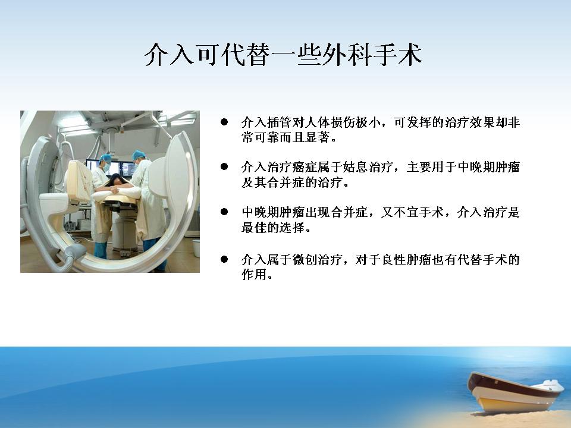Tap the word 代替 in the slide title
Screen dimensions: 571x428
[x=246, y=55]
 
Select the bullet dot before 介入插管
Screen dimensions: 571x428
[x=224, y=122]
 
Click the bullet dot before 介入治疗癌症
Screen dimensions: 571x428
[x=224, y=166]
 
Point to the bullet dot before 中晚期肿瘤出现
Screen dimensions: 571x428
[x=224, y=212]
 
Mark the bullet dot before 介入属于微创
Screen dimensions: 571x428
[x=224, y=259]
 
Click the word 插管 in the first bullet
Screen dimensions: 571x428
[x=280, y=122]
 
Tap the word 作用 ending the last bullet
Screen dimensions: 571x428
[x=254, y=275]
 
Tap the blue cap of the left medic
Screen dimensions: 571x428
[x=105, y=158]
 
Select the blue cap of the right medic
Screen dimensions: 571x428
[x=139, y=155]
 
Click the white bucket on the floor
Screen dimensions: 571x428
[x=196, y=248]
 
